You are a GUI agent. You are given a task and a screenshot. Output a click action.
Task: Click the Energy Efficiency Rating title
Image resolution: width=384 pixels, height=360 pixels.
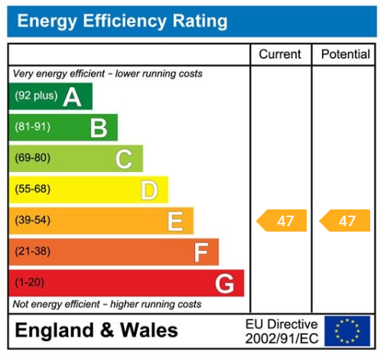coord(122,21)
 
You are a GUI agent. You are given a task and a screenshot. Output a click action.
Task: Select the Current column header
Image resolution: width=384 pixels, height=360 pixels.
coord(280,54)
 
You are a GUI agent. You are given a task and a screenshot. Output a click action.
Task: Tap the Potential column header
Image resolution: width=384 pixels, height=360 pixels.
coord(346,54)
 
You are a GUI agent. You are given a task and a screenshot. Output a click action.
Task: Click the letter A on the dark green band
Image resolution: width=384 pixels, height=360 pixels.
coord(73,97)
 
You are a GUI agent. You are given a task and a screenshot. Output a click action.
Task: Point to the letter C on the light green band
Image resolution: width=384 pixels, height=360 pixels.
coord(124,159)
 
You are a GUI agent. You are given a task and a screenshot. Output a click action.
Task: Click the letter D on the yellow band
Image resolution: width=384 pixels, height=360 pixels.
coord(149,190)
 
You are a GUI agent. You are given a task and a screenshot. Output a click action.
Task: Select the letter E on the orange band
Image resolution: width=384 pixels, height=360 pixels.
coord(175,222)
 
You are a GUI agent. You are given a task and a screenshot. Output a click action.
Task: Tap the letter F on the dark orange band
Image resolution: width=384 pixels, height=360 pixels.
coord(200,252)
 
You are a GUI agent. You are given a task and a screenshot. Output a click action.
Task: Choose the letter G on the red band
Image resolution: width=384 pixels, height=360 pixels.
coord(224,284)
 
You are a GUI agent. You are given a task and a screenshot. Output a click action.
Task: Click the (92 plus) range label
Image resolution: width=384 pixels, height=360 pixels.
coord(36,97)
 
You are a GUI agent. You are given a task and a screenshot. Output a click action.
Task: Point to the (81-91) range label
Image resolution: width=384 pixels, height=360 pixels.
coord(32,128)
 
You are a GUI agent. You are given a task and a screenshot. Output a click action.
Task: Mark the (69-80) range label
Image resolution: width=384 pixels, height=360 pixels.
coord(32,158)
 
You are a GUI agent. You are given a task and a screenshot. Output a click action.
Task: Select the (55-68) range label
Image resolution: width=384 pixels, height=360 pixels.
coord(32,190)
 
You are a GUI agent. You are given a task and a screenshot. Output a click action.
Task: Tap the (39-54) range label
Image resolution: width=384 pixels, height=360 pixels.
coord(32,221)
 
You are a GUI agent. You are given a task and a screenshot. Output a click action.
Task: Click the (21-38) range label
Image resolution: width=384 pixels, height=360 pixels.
coord(32,251)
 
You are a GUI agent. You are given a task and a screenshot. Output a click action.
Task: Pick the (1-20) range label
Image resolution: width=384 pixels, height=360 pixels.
coord(29,283)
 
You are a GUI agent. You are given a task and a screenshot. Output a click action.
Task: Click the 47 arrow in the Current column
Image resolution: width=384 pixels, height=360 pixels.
coord(281,221)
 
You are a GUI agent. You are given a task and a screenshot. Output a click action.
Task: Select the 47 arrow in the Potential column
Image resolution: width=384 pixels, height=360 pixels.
coord(344,221)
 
